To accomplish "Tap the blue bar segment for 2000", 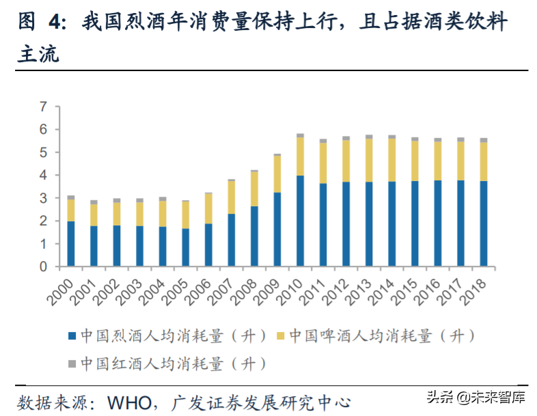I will [x=71, y=243].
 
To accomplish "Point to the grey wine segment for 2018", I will [x=484, y=140].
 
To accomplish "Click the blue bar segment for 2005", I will [x=186, y=247].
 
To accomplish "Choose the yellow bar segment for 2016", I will [x=438, y=161].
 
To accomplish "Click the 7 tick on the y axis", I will [x=43, y=107].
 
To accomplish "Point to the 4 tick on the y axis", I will [x=43, y=175].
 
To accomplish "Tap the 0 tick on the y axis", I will [x=43, y=266].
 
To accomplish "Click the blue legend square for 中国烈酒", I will [x=72, y=336].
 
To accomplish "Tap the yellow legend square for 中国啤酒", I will [x=279, y=336].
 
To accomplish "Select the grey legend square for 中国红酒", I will [x=72, y=363].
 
